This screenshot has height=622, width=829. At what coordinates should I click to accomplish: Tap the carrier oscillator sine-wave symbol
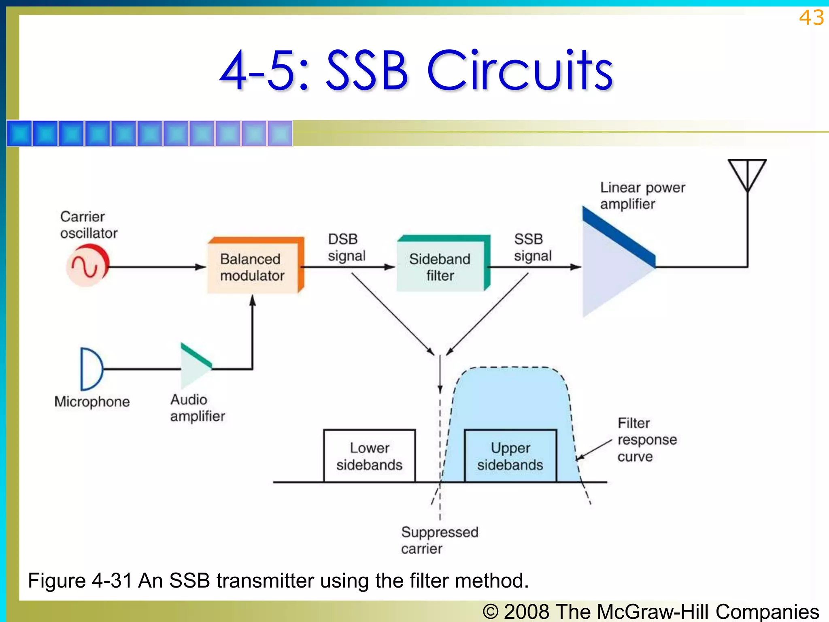tap(87, 266)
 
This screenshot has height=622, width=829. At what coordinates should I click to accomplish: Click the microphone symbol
tap(91, 369)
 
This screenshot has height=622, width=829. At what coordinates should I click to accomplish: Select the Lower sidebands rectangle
tap(370, 456)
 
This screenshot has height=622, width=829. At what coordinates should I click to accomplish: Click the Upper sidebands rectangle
tap(510, 456)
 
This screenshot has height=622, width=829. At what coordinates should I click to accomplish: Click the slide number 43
tap(811, 18)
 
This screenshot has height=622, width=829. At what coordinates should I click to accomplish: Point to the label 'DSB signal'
tap(346, 247)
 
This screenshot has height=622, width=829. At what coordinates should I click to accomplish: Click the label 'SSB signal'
tap(533, 247)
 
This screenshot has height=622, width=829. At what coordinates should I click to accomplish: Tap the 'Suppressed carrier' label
tap(440, 540)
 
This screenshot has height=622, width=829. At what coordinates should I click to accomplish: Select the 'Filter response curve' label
tap(647, 440)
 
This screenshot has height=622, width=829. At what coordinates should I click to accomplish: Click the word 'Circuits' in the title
tap(520, 71)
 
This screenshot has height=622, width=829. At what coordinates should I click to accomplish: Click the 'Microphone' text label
tap(92, 402)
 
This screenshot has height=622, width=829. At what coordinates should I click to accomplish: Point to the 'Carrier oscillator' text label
tap(89, 225)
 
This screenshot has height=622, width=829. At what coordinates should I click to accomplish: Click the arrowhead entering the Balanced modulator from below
tap(253, 301)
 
